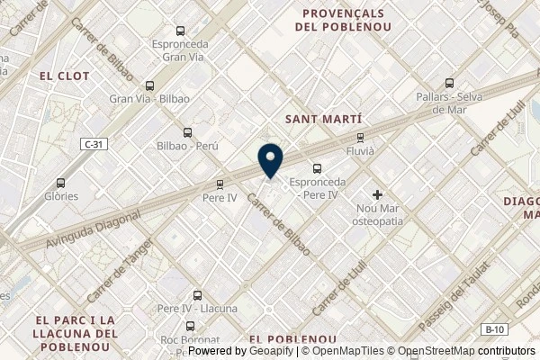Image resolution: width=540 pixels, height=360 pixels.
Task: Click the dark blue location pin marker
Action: point(269,160)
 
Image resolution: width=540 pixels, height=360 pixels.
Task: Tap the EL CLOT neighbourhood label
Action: point(65,76)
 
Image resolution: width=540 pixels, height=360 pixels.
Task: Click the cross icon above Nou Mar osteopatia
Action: point(378,194)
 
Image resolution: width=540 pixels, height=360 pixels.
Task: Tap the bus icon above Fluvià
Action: point(360,139)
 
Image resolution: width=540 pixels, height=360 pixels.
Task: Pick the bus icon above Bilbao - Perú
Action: point(186,131)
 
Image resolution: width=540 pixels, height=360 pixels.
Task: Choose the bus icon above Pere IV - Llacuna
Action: point(197,294)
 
